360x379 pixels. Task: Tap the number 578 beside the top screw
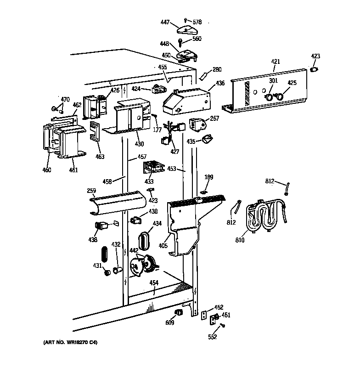(197, 22)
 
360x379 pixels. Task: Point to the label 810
(239, 240)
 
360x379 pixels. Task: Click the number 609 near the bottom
(169, 323)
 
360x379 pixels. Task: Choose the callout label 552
(213, 337)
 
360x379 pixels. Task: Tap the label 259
(91, 190)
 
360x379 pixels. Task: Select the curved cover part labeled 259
(118, 202)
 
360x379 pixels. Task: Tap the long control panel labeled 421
(266, 92)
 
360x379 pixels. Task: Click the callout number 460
(46, 170)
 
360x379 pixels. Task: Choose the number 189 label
(209, 176)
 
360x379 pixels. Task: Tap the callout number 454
(154, 283)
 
